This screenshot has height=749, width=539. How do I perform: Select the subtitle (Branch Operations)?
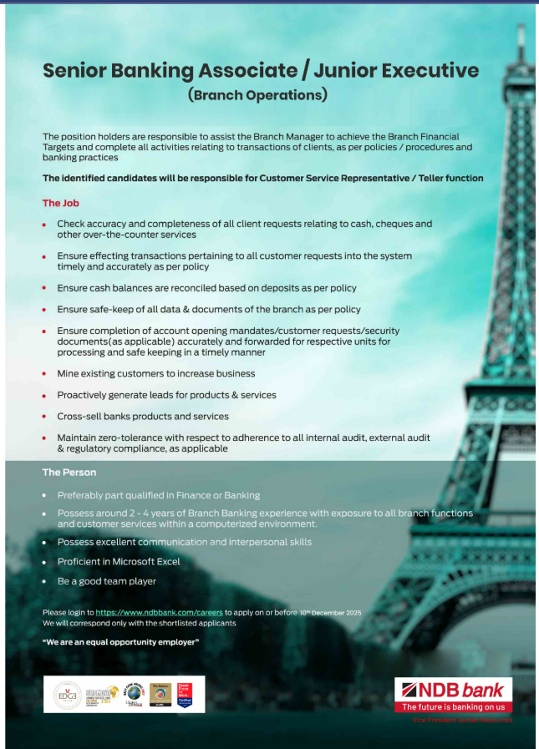coord(257,94)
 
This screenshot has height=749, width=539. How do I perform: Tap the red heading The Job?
coord(61,203)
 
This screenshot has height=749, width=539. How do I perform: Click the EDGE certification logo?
coord(68,694)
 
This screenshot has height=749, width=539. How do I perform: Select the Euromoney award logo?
coord(100,694)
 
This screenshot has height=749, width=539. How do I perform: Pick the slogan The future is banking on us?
coord(454,707)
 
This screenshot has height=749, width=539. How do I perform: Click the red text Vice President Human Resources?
coord(462,720)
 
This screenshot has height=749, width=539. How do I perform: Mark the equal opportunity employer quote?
coord(120,641)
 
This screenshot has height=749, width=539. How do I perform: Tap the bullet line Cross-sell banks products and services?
coord(142,416)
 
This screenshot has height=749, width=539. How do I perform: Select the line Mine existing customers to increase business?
coord(155,373)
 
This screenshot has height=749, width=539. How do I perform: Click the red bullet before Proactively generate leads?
coord(44,395)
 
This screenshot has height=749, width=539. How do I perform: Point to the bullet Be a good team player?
coord(106,581)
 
